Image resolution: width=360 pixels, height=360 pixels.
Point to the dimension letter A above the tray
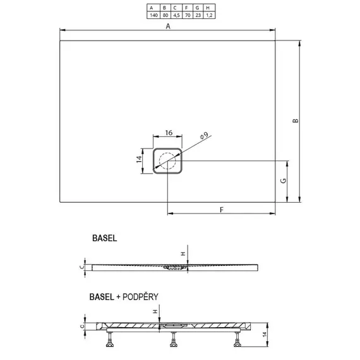(168, 26)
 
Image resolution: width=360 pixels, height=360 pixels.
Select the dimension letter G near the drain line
(284, 181)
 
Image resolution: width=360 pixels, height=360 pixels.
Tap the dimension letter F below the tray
(222, 209)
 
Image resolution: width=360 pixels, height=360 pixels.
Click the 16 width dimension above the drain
(169, 133)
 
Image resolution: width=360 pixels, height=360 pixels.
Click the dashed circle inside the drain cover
(168, 161)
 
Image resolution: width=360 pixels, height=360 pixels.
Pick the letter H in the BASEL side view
(183, 254)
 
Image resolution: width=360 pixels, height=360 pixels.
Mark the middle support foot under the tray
(172, 342)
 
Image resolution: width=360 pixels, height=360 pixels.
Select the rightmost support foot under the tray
(237, 342)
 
